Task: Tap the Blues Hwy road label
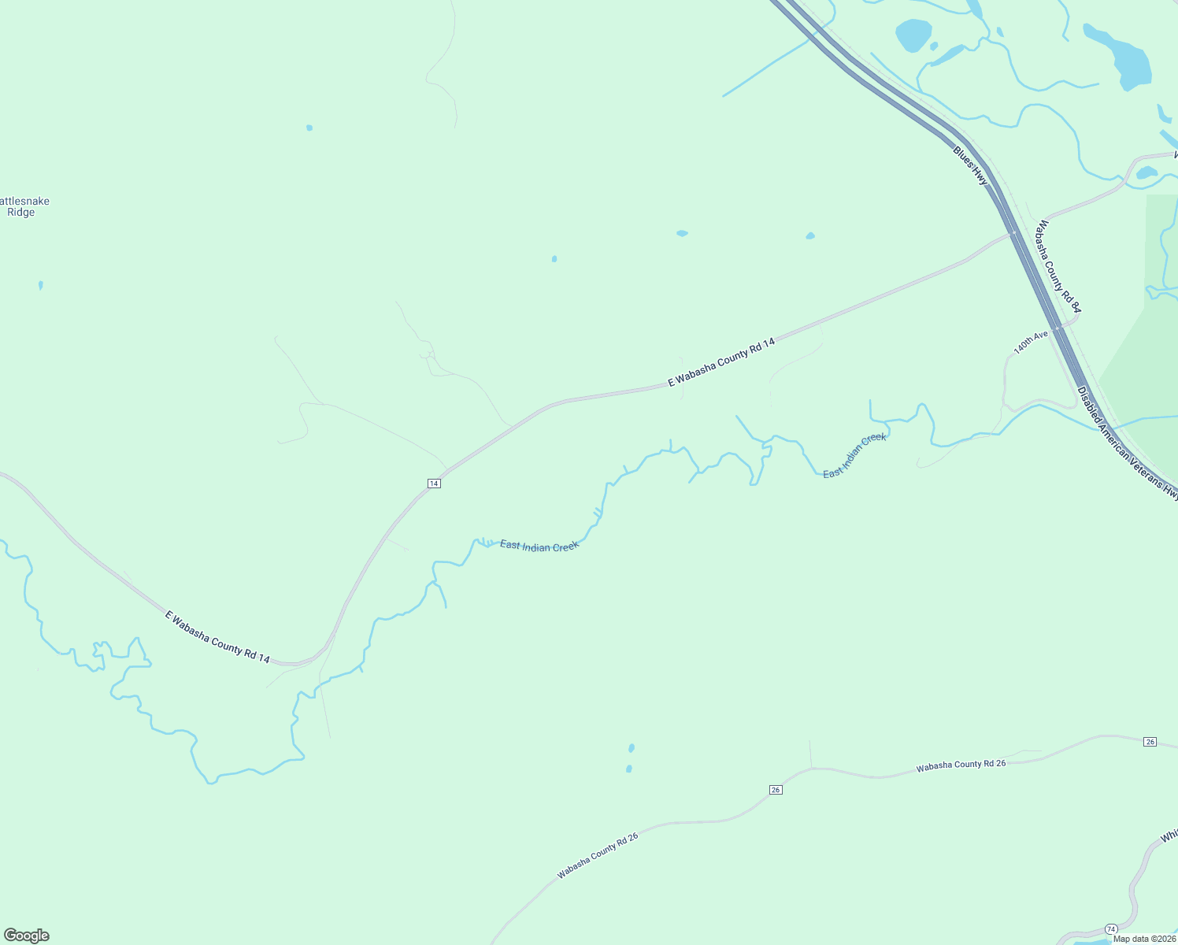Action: click(969, 165)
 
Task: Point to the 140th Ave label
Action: click(1031, 342)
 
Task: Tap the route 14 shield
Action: click(434, 483)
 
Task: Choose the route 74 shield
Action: click(1111, 929)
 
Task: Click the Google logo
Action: click(26, 936)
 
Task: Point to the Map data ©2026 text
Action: click(1144, 939)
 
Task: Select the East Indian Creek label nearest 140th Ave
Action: click(854, 455)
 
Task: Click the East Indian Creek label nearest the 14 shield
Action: click(539, 546)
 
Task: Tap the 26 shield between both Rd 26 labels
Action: click(776, 790)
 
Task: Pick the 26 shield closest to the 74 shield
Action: click(1150, 742)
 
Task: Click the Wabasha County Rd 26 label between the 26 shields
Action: click(961, 765)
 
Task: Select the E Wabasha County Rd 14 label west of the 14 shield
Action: click(217, 636)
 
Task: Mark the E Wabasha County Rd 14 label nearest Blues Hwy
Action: click(721, 362)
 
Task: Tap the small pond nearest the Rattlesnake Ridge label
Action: click(40, 285)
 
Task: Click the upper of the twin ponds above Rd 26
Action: click(632, 747)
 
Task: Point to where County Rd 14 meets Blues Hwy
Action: click(1013, 234)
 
